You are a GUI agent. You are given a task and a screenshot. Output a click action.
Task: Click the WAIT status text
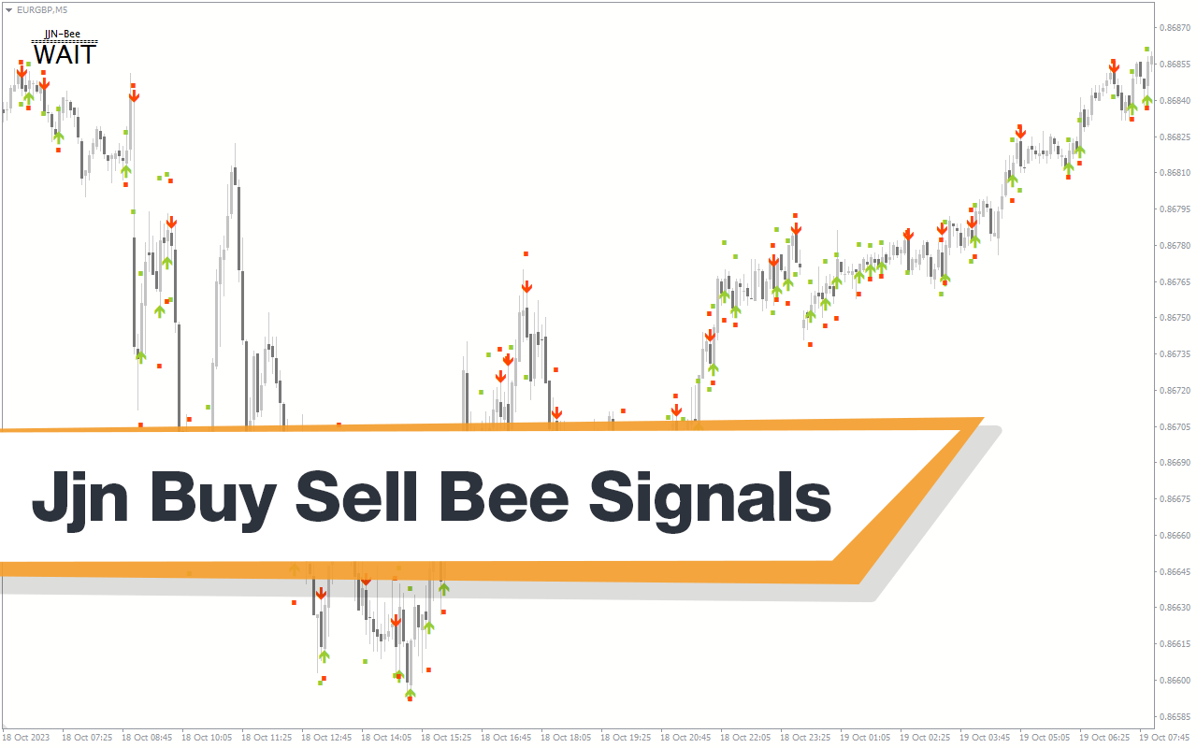65,54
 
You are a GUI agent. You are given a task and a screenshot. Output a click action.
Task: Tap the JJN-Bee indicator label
63,35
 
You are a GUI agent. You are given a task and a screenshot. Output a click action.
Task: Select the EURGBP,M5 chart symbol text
42,9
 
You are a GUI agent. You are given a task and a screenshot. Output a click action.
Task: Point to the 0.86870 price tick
1175,28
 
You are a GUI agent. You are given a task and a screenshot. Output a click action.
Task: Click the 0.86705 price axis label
1175,427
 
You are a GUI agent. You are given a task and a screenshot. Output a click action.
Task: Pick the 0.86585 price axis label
1175,716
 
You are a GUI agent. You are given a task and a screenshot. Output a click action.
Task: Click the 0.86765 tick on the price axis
1175,281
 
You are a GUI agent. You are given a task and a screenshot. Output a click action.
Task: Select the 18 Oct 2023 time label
25,738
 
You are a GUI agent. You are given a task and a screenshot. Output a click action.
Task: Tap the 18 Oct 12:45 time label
326,738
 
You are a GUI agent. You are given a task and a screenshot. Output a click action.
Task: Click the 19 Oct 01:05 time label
865,738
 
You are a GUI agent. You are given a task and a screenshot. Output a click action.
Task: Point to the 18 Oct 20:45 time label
685,738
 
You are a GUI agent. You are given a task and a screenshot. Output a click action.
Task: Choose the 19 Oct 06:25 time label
1104,738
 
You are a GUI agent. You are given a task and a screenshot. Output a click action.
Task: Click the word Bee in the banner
503,496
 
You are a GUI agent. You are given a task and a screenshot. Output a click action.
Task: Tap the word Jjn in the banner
80,500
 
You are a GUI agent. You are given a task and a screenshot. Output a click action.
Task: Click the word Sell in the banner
356,496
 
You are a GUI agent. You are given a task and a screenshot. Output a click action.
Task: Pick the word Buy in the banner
213,500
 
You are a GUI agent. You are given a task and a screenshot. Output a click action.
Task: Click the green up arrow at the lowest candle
410,694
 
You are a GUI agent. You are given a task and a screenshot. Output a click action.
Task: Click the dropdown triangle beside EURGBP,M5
8,10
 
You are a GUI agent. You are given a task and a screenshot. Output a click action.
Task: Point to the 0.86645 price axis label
1175,571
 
